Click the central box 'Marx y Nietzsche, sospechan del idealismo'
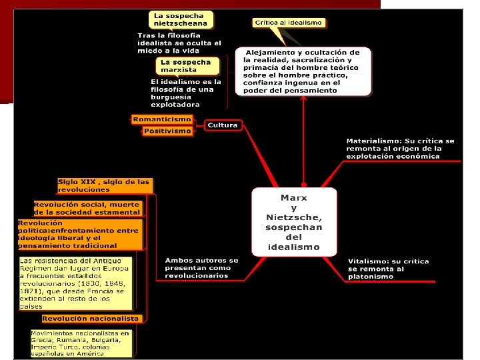[x=294, y=222]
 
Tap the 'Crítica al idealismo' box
[x=288, y=23]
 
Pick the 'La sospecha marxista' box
[x=185, y=66]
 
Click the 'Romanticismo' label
[x=162, y=119]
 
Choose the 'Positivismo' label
[x=167, y=131]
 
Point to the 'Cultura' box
[x=223, y=125]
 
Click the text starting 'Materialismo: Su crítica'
[x=400, y=149]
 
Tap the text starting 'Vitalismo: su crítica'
[x=388, y=269]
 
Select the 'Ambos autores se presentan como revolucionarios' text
[x=201, y=268]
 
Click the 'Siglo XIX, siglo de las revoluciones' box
[x=104, y=185]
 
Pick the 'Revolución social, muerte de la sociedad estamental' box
[x=87, y=208]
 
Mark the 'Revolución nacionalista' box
[x=90, y=319]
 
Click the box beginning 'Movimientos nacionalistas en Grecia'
[x=81, y=342]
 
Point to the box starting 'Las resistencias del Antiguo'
[x=75, y=283]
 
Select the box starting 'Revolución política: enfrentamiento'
[x=79, y=234]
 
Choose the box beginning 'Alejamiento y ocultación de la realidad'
[x=301, y=71]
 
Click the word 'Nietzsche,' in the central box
[x=294, y=217]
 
